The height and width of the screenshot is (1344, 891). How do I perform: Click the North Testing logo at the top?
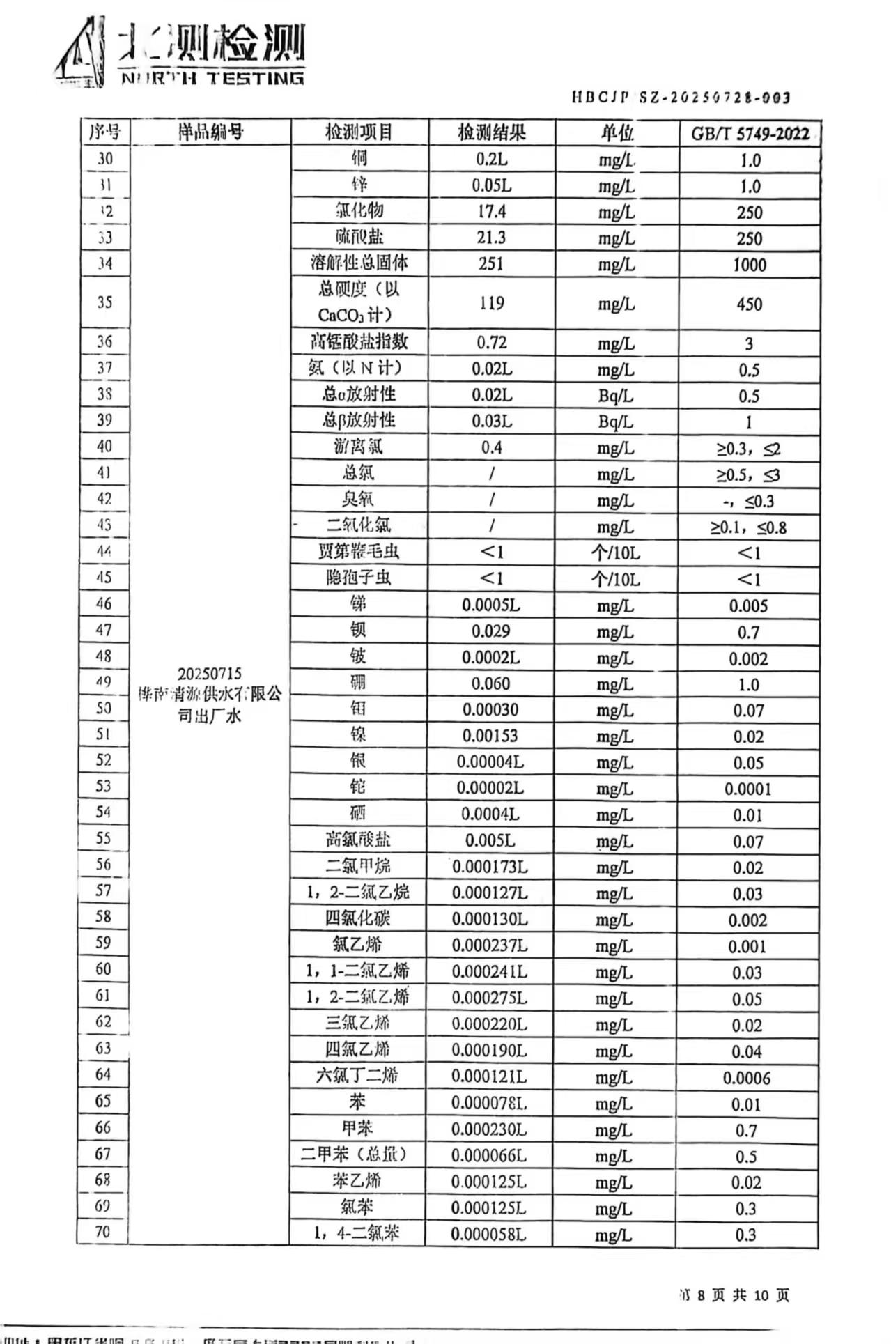click(x=180, y=53)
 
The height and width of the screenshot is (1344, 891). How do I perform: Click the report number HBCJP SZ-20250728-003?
click(x=681, y=97)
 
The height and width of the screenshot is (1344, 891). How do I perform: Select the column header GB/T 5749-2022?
click(x=750, y=133)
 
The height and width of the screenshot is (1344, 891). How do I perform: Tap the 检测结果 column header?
click(x=492, y=132)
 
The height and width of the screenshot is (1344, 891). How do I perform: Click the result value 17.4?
click(x=491, y=211)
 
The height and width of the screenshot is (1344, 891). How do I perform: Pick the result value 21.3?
click(x=491, y=238)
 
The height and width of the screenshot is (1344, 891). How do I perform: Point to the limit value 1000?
click(x=749, y=265)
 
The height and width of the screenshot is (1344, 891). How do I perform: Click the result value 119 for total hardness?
click(x=491, y=303)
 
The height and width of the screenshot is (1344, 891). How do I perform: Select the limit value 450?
click(x=749, y=304)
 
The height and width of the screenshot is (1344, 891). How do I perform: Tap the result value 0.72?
click(x=491, y=343)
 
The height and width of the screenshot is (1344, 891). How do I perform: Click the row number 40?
click(x=104, y=447)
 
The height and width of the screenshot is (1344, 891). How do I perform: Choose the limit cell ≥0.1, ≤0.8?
click(x=748, y=527)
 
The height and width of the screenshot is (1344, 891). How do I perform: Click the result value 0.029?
click(x=490, y=631)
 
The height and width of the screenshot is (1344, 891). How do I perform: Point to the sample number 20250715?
click(x=209, y=674)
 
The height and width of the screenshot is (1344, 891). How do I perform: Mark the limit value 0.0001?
click(x=747, y=789)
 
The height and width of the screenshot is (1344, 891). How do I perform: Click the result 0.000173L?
click(x=490, y=867)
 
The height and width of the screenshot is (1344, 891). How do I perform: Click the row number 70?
click(x=102, y=1232)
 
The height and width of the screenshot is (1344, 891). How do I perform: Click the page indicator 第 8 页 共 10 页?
click(x=734, y=1295)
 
